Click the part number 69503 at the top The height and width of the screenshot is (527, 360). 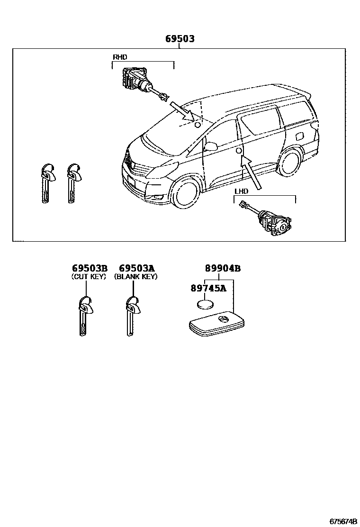click(x=180, y=39)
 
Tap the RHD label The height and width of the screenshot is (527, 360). click(x=120, y=57)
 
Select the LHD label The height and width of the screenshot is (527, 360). click(x=242, y=191)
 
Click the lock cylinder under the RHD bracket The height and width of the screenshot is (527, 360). click(x=137, y=81)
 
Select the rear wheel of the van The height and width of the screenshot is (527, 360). click(x=290, y=163)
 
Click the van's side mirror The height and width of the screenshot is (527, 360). click(x=210, y=145)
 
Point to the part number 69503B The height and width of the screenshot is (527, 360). click(x=90, y=269)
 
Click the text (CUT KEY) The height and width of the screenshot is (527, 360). click(x=89, y=277)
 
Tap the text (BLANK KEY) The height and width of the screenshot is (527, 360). click(x=136, y=277)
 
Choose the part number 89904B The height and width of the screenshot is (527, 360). click(x=223, y=269)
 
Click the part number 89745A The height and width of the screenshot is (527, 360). click(x=208, y=288)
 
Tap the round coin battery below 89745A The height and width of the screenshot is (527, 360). click(x=207, y=304)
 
